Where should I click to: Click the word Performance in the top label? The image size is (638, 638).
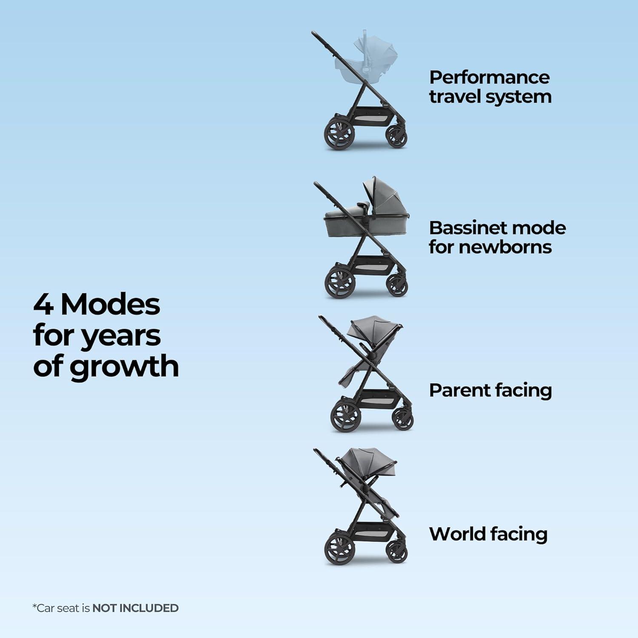point(489,77)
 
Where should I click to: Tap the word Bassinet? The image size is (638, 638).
point(462,228)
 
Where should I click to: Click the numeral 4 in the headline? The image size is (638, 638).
point(43,305)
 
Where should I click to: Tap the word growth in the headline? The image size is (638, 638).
point(124,367)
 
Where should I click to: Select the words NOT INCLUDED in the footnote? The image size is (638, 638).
point(135,608)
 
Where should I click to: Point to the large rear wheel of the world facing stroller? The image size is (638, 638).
point(339,550)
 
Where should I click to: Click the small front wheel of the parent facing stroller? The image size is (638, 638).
point(402,419)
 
